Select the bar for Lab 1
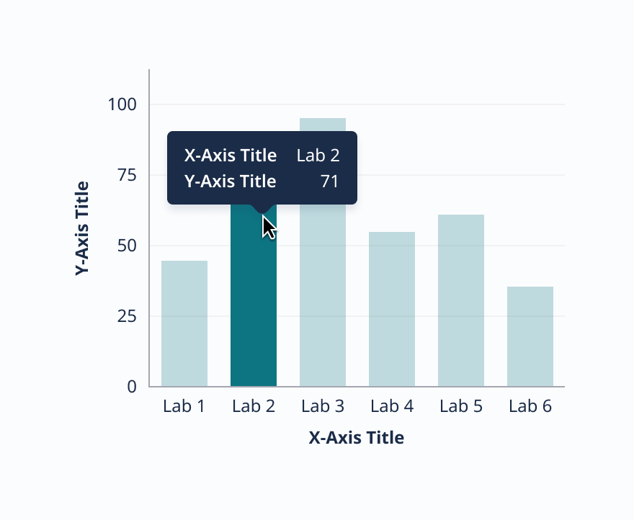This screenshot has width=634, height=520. pyautogui.click(x=184, y=323)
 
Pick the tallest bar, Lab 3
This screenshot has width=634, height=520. pyautogui.click(x=323, y=288)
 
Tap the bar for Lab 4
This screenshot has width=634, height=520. pyautogui.click(x=392, y=309)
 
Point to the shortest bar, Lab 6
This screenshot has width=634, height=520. pyautogui.click(x=530, y=336)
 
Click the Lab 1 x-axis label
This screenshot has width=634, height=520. pyautogui.click(x=184, y=406)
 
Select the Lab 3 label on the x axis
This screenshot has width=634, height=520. pyautogui.click(x=323, y=406)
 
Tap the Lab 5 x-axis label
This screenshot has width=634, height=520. pyautogui.click(x=461, y=406)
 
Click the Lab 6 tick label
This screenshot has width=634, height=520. pyautogui.click(x=530, y=406)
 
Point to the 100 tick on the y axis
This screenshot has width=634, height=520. pyautogui.click(x=122, y=104)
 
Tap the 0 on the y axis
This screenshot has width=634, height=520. pyautogui.click(x=132, y=387)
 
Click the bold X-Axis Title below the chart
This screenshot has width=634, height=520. pyautogui.click(x=357, y=437)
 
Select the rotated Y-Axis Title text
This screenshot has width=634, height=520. pyautogui.click(x=82, y=228)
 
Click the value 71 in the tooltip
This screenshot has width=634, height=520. pyautogui.click(x=330, y=181)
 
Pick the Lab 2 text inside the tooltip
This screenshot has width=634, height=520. pyautogui.click(x=318, y=156)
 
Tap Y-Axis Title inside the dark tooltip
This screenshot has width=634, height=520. pyautogui.click(x=231, y=181)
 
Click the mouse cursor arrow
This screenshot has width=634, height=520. pyautogui.click(x=268, y=227)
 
